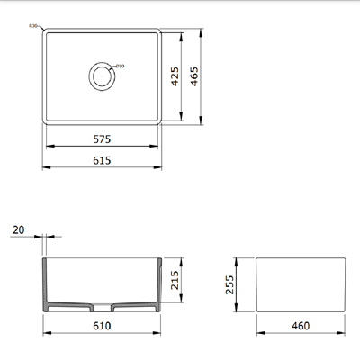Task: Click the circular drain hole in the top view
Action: pyautogui.click(x=103, y=76)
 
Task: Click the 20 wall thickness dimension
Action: pyautogui.click(x=19, y=231)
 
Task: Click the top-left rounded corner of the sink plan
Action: pyautogui.click(x=47, y=33)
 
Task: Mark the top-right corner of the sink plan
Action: pyautogui.click(x=159, y=33)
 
